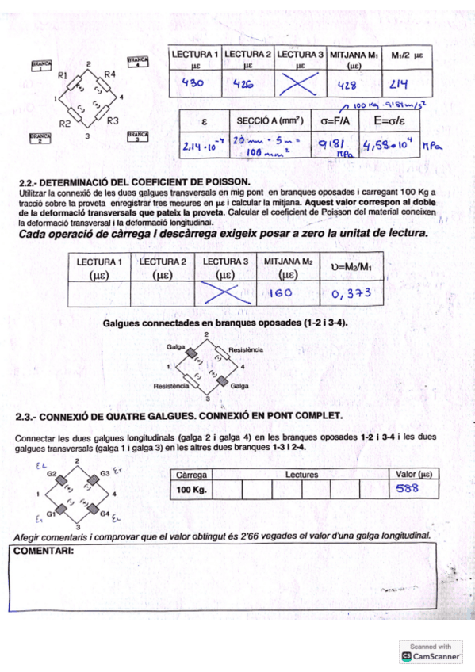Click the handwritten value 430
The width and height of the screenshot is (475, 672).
(194, 82)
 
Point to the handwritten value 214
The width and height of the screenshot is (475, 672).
(398, 83)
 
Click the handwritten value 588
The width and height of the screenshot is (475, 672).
(408, 489)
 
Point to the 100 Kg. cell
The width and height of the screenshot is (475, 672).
(190, 490)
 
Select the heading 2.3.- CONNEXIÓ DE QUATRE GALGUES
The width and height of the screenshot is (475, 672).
(178, 415)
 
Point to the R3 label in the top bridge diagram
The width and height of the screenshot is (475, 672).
(113, 121)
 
